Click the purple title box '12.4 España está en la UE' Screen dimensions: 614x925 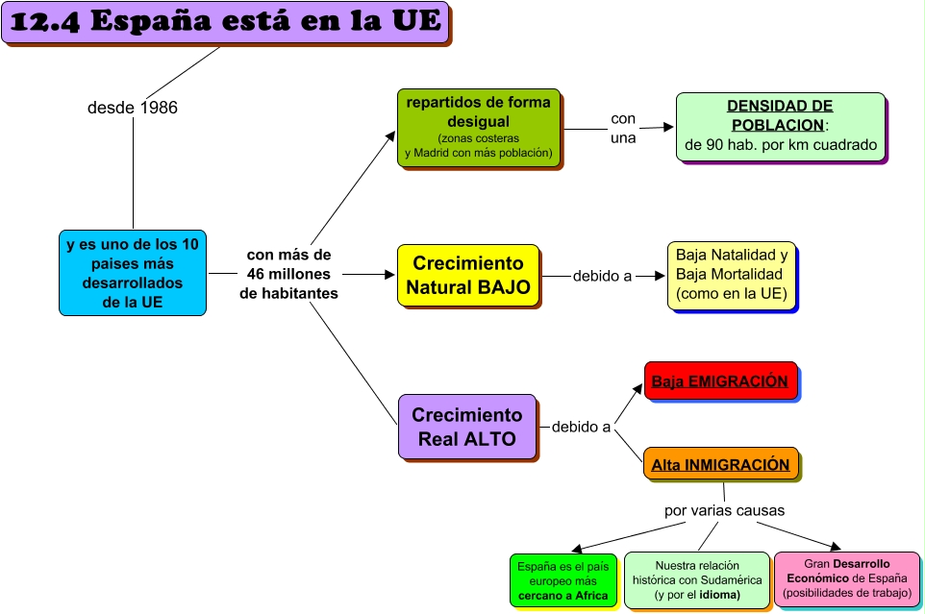226,23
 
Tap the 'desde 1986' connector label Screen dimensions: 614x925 133,108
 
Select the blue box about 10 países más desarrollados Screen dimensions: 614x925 133,273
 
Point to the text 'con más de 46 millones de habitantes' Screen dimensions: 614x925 288,274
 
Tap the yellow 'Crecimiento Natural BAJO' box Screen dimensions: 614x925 467,275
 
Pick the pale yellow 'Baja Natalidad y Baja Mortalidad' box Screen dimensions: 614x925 732,275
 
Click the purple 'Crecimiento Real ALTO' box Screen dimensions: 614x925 466,427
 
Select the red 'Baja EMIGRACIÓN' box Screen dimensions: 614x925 719,381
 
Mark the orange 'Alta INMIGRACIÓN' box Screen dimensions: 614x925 720,465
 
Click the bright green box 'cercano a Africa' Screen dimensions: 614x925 563,581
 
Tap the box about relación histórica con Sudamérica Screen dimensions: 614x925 696,580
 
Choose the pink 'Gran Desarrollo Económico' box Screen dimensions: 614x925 846,579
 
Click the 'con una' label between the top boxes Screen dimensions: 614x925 623,128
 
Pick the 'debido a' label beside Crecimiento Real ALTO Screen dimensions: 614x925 581,427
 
